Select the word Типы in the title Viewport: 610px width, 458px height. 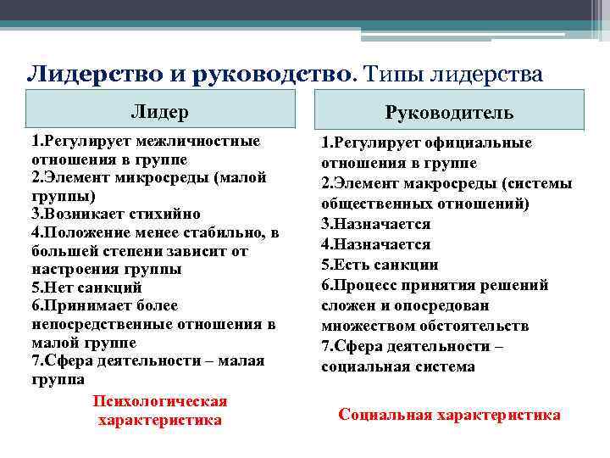point(396,75)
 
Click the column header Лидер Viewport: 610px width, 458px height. point(159,112)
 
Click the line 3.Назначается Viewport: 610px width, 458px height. point(375,224)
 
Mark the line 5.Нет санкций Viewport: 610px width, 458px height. point(86,288)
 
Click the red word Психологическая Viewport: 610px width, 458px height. point(160,400)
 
